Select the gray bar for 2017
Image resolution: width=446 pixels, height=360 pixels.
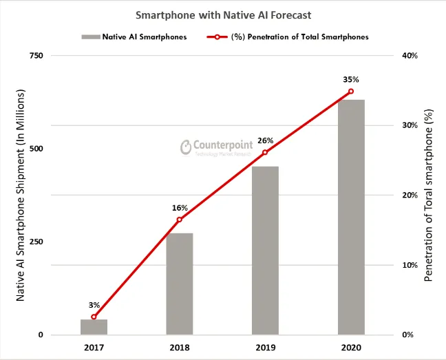[x=94, y=327]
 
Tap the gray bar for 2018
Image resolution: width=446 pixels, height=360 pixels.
[x=180, y=284]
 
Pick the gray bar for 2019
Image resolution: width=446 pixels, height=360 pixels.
[x=265, y=251]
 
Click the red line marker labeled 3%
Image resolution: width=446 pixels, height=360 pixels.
[x=94, y=317]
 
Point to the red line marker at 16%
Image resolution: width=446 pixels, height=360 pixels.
[x=180, y=220]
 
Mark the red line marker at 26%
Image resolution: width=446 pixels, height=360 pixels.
[x=265, y=152]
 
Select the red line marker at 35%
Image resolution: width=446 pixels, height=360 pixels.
[x=350, y=91]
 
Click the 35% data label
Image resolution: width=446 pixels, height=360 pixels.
[x=350, y=80]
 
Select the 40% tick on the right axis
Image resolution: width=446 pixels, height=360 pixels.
[x=408, y=55]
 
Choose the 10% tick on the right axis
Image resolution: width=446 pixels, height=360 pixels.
[x=408, y=265]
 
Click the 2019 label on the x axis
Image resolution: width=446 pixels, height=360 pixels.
[x=265, y=348]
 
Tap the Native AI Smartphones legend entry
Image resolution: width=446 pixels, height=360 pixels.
[x=134, y=37]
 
